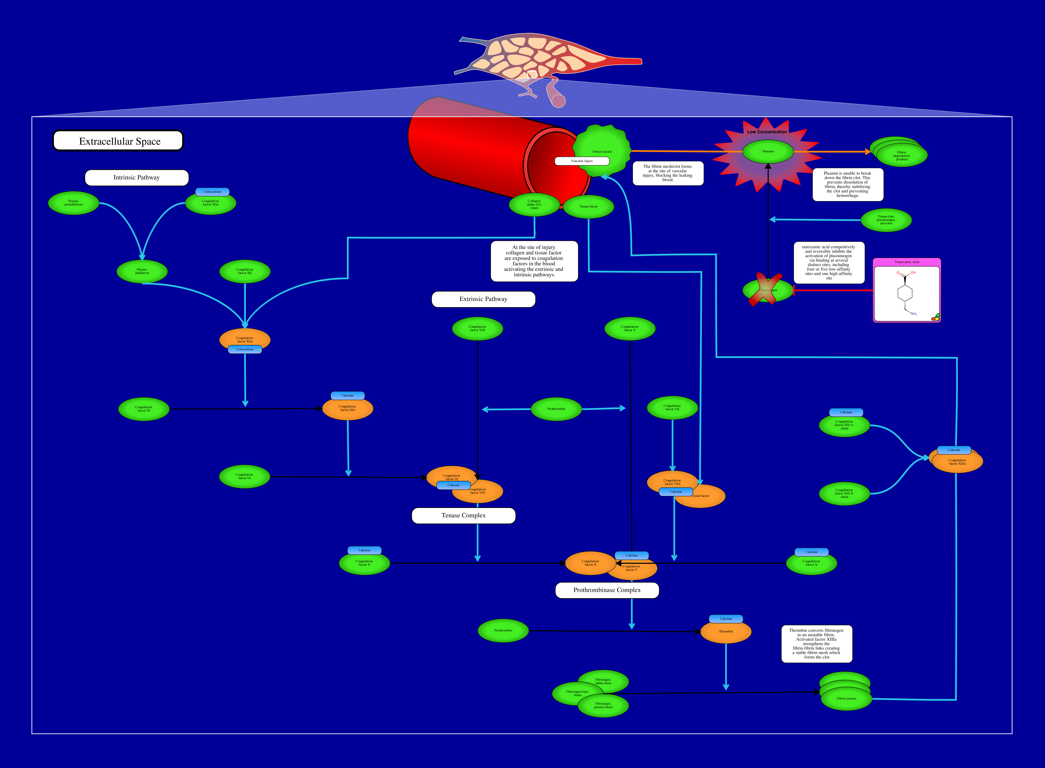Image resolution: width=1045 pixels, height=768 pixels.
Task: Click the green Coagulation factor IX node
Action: click(x=244, y=476)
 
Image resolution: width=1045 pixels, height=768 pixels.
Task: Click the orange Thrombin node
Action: click(x=726, y=632)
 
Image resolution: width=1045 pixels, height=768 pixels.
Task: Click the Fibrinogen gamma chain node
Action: click(x=603, y=706)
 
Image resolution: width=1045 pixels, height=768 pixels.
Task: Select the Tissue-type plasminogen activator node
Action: click(x=886, y=220)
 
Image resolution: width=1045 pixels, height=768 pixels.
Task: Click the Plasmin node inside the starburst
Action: click(x=768, y=152)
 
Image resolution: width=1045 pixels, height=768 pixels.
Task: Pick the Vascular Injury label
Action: click(x=582, y=161)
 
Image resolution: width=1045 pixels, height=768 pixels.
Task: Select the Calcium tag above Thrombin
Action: click(x=726, y=619)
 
